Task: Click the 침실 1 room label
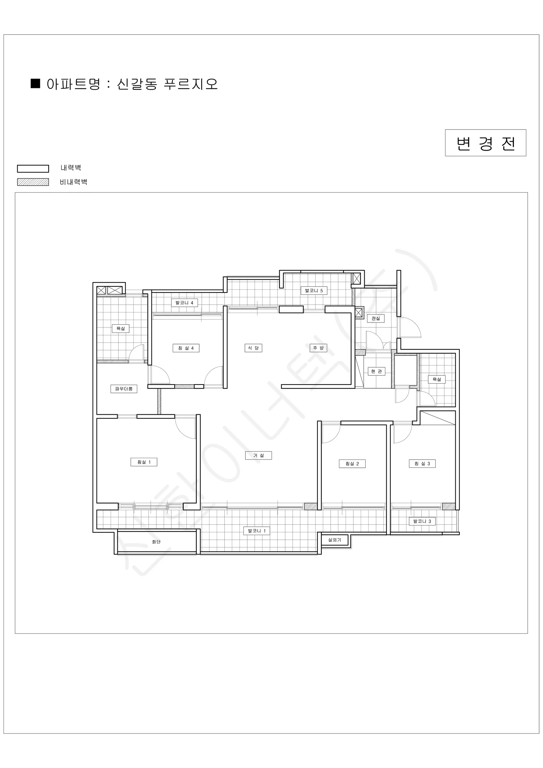click(144, 462)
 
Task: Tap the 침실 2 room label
click(352, 464)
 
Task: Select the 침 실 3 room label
click(422, 463)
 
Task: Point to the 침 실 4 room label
click(186, 348)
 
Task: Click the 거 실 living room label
click(258, 455)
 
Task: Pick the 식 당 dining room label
click(253, 348)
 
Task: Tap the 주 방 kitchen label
click(318, 348)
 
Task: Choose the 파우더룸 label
click(124, 389)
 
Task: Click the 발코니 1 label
click(257, 531)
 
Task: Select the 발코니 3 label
click(422, 521)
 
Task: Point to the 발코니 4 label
click(184, 303)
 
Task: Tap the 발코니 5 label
click(314, 290)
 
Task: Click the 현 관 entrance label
click(376, 371)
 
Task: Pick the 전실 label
click(376, 318)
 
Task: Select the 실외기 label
click(335, 540)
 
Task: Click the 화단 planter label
click(156, 541)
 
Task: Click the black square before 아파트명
click(35, 83)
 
